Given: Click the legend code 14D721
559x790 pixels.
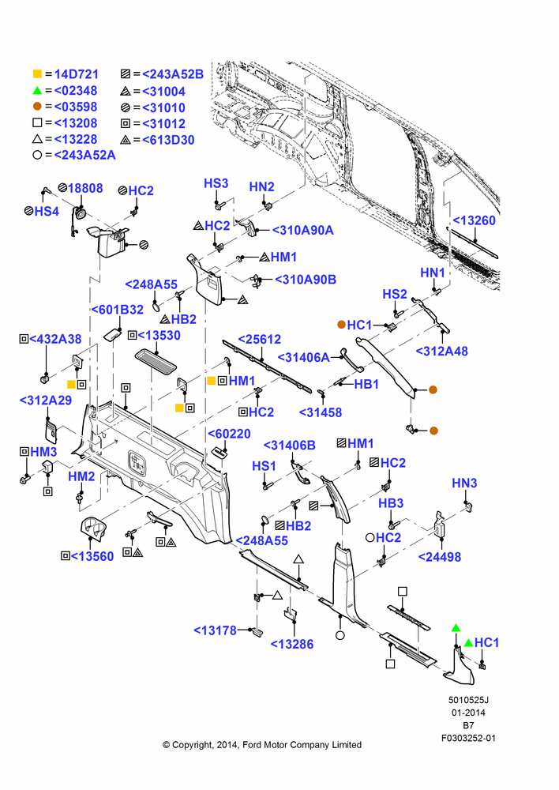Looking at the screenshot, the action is click(76, 74).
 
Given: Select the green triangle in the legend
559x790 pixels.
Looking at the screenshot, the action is click(37, 91).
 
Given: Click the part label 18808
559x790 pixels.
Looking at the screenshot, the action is click(85, 189).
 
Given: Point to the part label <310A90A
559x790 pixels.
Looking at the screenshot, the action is click(302, 230).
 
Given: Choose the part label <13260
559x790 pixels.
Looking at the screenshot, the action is click(474, 220).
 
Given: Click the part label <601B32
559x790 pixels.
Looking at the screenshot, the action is click(118, 310).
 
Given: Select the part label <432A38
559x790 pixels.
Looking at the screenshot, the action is click(55, 339).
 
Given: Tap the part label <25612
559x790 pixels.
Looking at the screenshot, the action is click(259, 340).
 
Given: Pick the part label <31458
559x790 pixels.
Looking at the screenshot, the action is click(321, 412).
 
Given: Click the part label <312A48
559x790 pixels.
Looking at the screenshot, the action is click(441, 352).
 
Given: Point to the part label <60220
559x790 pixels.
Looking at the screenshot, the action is click(229, 434).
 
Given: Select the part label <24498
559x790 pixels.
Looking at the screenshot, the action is click(440, 557).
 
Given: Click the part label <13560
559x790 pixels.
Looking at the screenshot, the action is click(92, 557).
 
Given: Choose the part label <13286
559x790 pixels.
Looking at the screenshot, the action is click(291, 645).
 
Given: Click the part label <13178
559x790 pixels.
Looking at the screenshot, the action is click(215, 630).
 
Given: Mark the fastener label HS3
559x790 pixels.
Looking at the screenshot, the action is click(216, 183).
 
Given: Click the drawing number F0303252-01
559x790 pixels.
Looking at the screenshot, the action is click(468, 738).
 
